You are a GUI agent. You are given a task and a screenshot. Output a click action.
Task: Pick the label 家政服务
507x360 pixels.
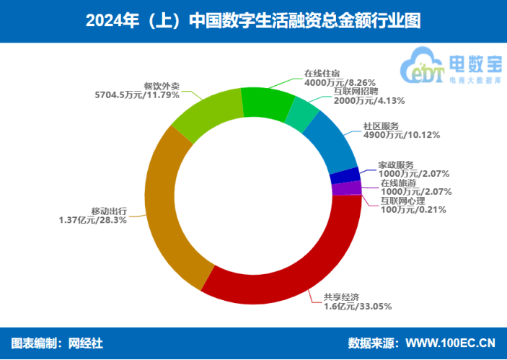tap(396, 164)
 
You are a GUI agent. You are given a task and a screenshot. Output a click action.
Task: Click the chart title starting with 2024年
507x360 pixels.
tap(253, 19)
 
